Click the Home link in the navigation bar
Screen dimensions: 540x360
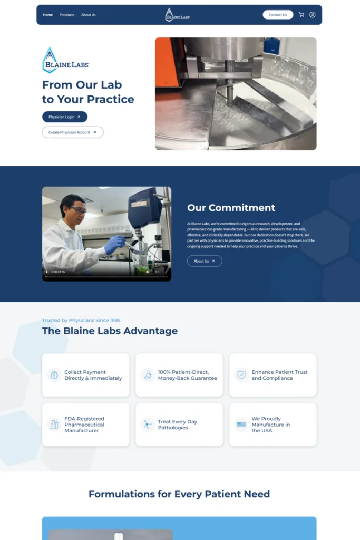(48, 15)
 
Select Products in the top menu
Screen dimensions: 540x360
(67, 15)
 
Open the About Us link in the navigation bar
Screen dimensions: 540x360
(89, 15)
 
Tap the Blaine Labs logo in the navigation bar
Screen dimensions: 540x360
(177, 15)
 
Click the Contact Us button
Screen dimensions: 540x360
(278, 15)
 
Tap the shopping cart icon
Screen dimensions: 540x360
(301, 15)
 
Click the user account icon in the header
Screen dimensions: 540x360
(313, 15)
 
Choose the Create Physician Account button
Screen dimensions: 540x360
(73, 132)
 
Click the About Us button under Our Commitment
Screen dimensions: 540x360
(205, 261)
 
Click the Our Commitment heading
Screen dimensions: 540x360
(231, 208)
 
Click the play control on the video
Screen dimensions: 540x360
(46, 272)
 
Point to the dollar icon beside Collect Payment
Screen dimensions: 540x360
(54, 375)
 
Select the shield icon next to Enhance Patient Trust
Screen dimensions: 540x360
(241, 375)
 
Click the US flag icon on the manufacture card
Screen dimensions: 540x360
(241, 425)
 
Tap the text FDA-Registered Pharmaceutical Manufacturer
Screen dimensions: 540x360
(84, 425)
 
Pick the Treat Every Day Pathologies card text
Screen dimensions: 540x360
(178, 425)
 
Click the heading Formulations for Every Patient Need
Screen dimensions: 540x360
(179, 494)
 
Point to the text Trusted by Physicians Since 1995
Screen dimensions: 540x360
(81, 320)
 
